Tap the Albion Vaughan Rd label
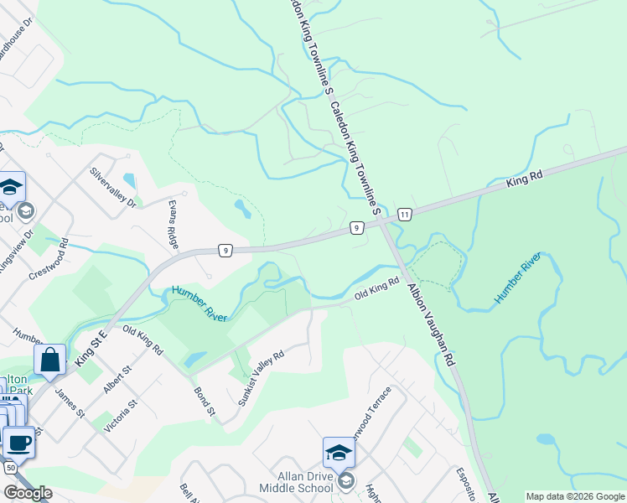[431, 324]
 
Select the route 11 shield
[406, 215]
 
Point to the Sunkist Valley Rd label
[261, 378]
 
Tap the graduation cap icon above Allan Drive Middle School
[339, 453]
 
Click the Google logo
[28, 493]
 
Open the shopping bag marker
[49, 360]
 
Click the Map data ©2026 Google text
[575, 496]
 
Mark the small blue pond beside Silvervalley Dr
[129, 179]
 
